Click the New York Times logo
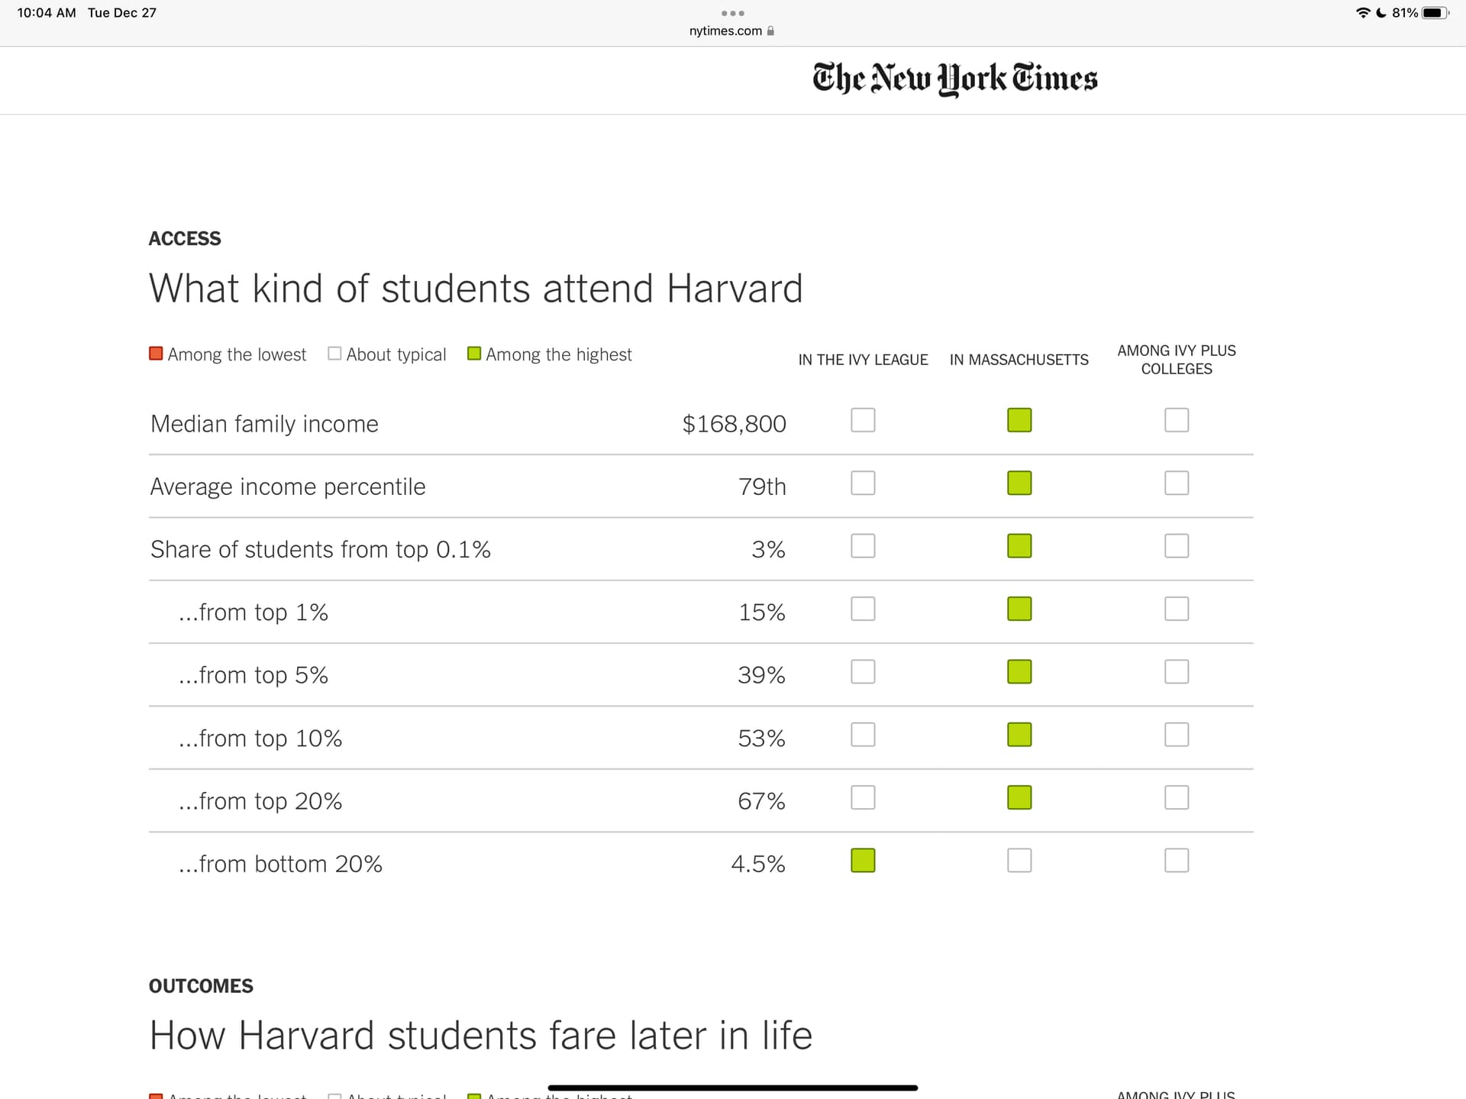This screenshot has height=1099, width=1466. pyautogui.click(x=954, y=79)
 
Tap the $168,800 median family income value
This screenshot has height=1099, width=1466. pyautogui.click(x=734, y=424)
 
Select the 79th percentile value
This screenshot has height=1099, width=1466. pyautogui.click(x=761, y=486)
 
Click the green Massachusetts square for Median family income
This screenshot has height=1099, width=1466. pyautogui.click(x=1019, y=420)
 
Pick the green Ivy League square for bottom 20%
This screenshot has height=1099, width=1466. pyautogui.click(x=863, y=861)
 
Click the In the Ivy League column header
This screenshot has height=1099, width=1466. pyautogui.click(x=863, y=360)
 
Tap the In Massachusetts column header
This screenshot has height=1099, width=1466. pyautogui.click(x=1019, y=360)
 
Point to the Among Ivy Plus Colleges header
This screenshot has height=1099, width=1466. pyautogui.click(x=1176, y=360)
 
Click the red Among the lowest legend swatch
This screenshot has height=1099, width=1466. pyautogui.click(x=156, y=354)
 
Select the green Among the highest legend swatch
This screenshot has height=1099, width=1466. pyautogui.click(x=474, y=354)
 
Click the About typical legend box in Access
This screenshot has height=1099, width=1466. pyautogui.click(x=334, y=354)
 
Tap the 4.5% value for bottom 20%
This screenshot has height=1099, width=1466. pyautogui.click(x=757, y=864)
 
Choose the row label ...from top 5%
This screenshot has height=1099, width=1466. pyautogui.click(x=253, y=675)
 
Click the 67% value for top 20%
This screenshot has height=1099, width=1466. pyautogui.click(x=760, y=801)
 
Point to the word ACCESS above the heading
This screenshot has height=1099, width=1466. pyautogui.click(x=185, y=238)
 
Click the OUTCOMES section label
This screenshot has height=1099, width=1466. pyautogui.click(x=201, y=986)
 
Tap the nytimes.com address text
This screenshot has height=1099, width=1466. pyautogui.click(x=725, y=31)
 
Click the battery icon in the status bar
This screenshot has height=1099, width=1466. pyautogui.click(x=1434, y=13)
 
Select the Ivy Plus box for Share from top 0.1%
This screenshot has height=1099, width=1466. pyautogui.click(x=1176, y=546)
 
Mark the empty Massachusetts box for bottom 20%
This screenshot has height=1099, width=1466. pyautogui.click(x=1019, y=861)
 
